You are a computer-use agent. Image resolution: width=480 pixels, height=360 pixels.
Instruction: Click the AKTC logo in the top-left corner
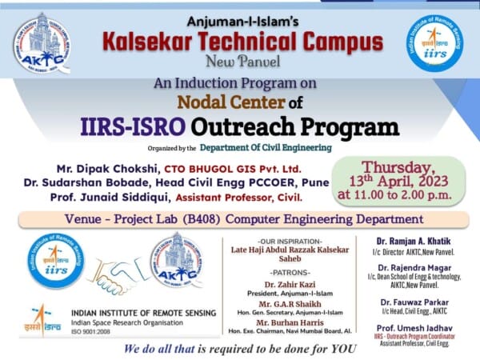coord(42,42)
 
